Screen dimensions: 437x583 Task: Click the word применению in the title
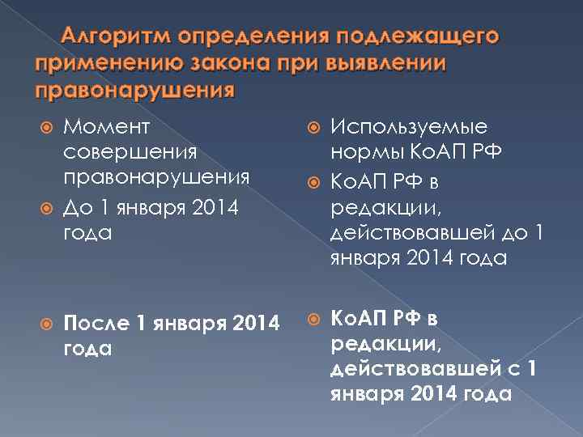point(97,63)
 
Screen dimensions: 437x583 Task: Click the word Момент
point(99,126)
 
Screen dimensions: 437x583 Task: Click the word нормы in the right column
point(362,151)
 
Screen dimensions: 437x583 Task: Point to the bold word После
point(96,325)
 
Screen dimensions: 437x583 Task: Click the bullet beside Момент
point(46,127)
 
